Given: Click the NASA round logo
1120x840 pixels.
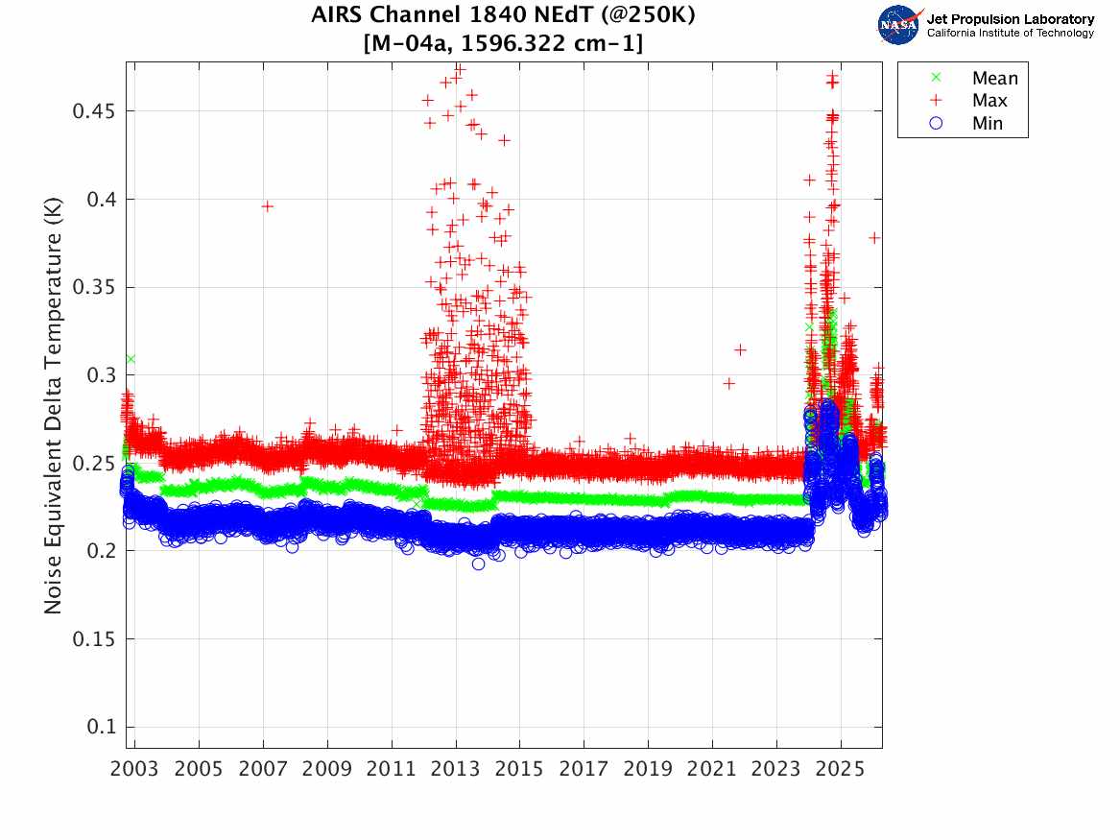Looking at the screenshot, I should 899,24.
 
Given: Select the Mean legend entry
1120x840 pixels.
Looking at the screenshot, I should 993,79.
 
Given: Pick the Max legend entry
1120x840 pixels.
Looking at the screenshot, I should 990,101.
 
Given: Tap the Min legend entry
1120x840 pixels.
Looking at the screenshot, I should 988,123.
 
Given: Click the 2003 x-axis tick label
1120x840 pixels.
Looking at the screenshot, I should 135,770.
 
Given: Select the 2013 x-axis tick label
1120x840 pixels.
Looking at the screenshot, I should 456,770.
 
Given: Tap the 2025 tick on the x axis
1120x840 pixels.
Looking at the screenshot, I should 841,770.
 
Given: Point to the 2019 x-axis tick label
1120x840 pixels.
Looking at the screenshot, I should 648,770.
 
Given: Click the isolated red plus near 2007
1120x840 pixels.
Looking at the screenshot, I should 268,206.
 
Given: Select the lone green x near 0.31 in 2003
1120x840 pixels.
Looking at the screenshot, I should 130,359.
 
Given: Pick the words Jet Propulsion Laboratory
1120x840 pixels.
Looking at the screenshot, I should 1010,19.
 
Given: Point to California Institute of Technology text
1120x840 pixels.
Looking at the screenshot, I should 1010,34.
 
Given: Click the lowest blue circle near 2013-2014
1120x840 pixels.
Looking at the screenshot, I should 478,564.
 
